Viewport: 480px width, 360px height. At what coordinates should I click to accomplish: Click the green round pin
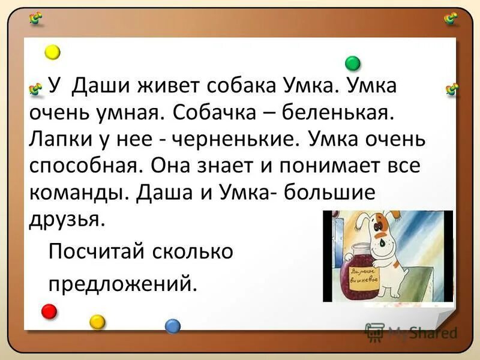click(x=353, y=63)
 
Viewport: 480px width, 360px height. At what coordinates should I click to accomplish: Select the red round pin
click(x=49, y=311)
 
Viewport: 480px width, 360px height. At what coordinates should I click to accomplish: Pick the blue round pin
click(x=173, y=325)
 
